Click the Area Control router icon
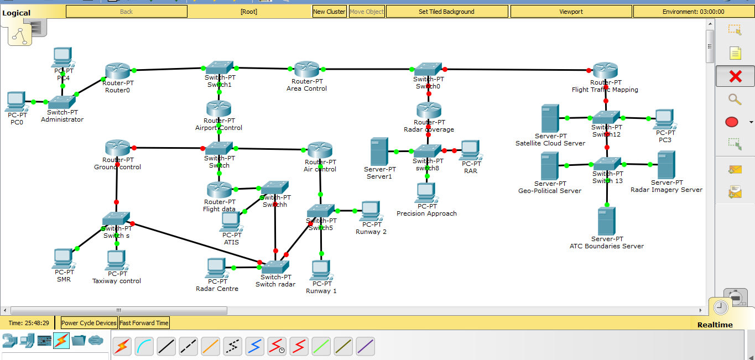pyautogui.click(x=306, y=70)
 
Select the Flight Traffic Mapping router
pyautogui.click(x=605, y=71)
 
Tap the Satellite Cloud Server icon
pyautogui.click(x=550, y=118)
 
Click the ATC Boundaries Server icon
pyautogui.click(x=607, y=221)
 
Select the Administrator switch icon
pyautogui.click(x=61, y=102)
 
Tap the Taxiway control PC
pyautogui.click(x=116, y=260)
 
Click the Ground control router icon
pyautogui.click(x=117, y=148)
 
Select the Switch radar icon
pyautogui.click(x=275, y=268)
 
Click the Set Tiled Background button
pyautogui.click(x=446, y=12)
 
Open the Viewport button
pyautogui.click(x=571, y=12)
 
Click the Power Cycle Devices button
pyautogui.click(x=89, y=323)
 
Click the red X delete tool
pyautogui.click(x=735, y=76)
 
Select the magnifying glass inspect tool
pyautogui.click(x=735, y=100)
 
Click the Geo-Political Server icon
pyautogui.click(x=549, y=166)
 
